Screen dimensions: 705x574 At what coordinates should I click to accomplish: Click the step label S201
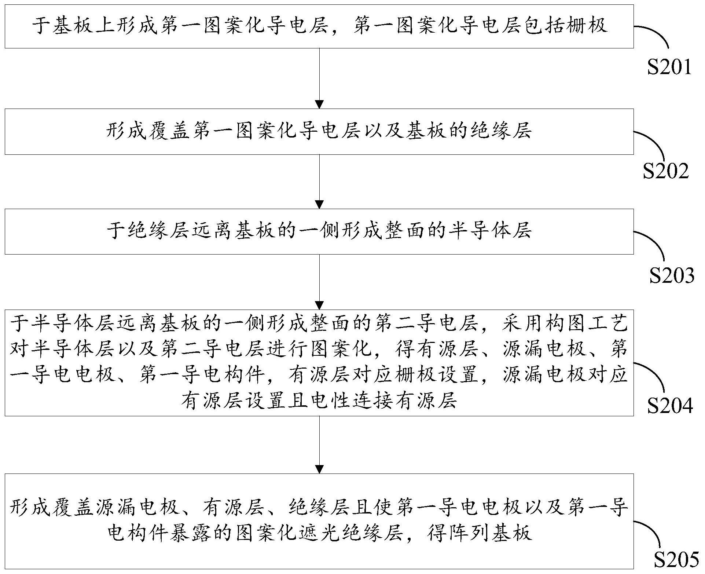(x=669, y=67)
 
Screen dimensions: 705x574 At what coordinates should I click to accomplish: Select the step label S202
(x=666, y=171)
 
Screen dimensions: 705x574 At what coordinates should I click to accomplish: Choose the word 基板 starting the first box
(x=73, y=26)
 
